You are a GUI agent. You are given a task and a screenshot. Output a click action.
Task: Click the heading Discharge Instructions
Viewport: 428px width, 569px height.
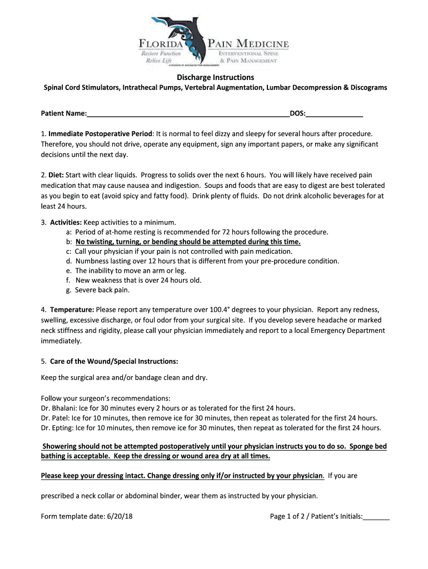tap(215, 77)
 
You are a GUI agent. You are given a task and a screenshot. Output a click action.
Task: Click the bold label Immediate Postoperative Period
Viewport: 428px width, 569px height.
tap(100, 134)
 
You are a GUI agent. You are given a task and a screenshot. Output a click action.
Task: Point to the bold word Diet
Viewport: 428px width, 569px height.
tap(56, 175)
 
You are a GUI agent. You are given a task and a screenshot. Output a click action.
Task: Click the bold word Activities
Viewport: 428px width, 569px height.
tap(66, 221)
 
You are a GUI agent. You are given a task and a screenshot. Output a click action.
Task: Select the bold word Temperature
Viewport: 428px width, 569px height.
tap(72, 310)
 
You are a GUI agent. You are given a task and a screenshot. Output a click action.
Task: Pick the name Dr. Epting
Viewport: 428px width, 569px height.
tap(57, 428)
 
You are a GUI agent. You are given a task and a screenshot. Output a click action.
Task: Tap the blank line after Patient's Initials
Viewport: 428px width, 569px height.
tap(376, 516)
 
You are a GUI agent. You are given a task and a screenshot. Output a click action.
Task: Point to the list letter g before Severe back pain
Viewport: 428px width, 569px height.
tap(68, 290)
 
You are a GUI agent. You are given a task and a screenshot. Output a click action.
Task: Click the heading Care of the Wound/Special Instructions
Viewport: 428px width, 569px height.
tap(114, 361)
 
